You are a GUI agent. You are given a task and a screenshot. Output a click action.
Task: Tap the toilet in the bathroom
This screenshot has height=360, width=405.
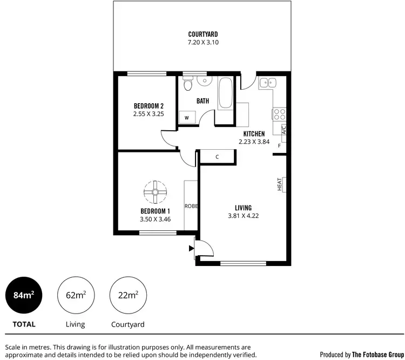pos(187,85)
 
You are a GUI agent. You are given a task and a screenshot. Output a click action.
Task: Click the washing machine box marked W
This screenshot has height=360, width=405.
pos(187,117)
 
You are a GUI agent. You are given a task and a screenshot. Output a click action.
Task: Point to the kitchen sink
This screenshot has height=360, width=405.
pos(267,83)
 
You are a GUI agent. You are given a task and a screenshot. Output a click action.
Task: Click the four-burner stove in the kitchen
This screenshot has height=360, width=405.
pos(279,114)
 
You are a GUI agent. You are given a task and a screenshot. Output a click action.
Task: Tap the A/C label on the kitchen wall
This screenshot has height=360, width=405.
pos(283,130)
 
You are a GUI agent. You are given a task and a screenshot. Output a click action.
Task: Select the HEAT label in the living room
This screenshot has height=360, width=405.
pos(280,185)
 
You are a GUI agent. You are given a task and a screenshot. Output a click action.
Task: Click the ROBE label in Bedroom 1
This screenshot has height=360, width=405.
pos(191,206)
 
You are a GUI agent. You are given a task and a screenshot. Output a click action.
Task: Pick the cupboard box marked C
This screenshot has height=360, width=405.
pos(217,157)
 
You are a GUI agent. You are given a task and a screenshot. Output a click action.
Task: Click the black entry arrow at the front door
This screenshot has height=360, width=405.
pos(191,249)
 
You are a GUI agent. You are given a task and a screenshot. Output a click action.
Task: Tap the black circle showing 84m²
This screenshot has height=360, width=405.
pos(24,295)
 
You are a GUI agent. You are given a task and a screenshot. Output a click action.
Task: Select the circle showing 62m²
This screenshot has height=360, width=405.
pos(76,295)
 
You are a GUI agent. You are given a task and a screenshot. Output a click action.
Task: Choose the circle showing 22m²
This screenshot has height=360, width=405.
pos(127,295)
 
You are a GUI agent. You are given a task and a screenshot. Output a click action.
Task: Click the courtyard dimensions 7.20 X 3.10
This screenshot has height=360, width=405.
pos(203,42)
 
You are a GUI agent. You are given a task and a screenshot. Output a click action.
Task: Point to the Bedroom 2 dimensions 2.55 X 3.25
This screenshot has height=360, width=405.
pos(148,115)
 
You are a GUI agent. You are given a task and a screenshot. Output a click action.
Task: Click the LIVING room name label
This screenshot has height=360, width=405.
pos(243,208)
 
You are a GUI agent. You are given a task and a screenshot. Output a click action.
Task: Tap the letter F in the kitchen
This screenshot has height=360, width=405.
pos(279,146)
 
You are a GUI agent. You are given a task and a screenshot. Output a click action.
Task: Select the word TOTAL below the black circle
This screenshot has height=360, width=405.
pos(24,324)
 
